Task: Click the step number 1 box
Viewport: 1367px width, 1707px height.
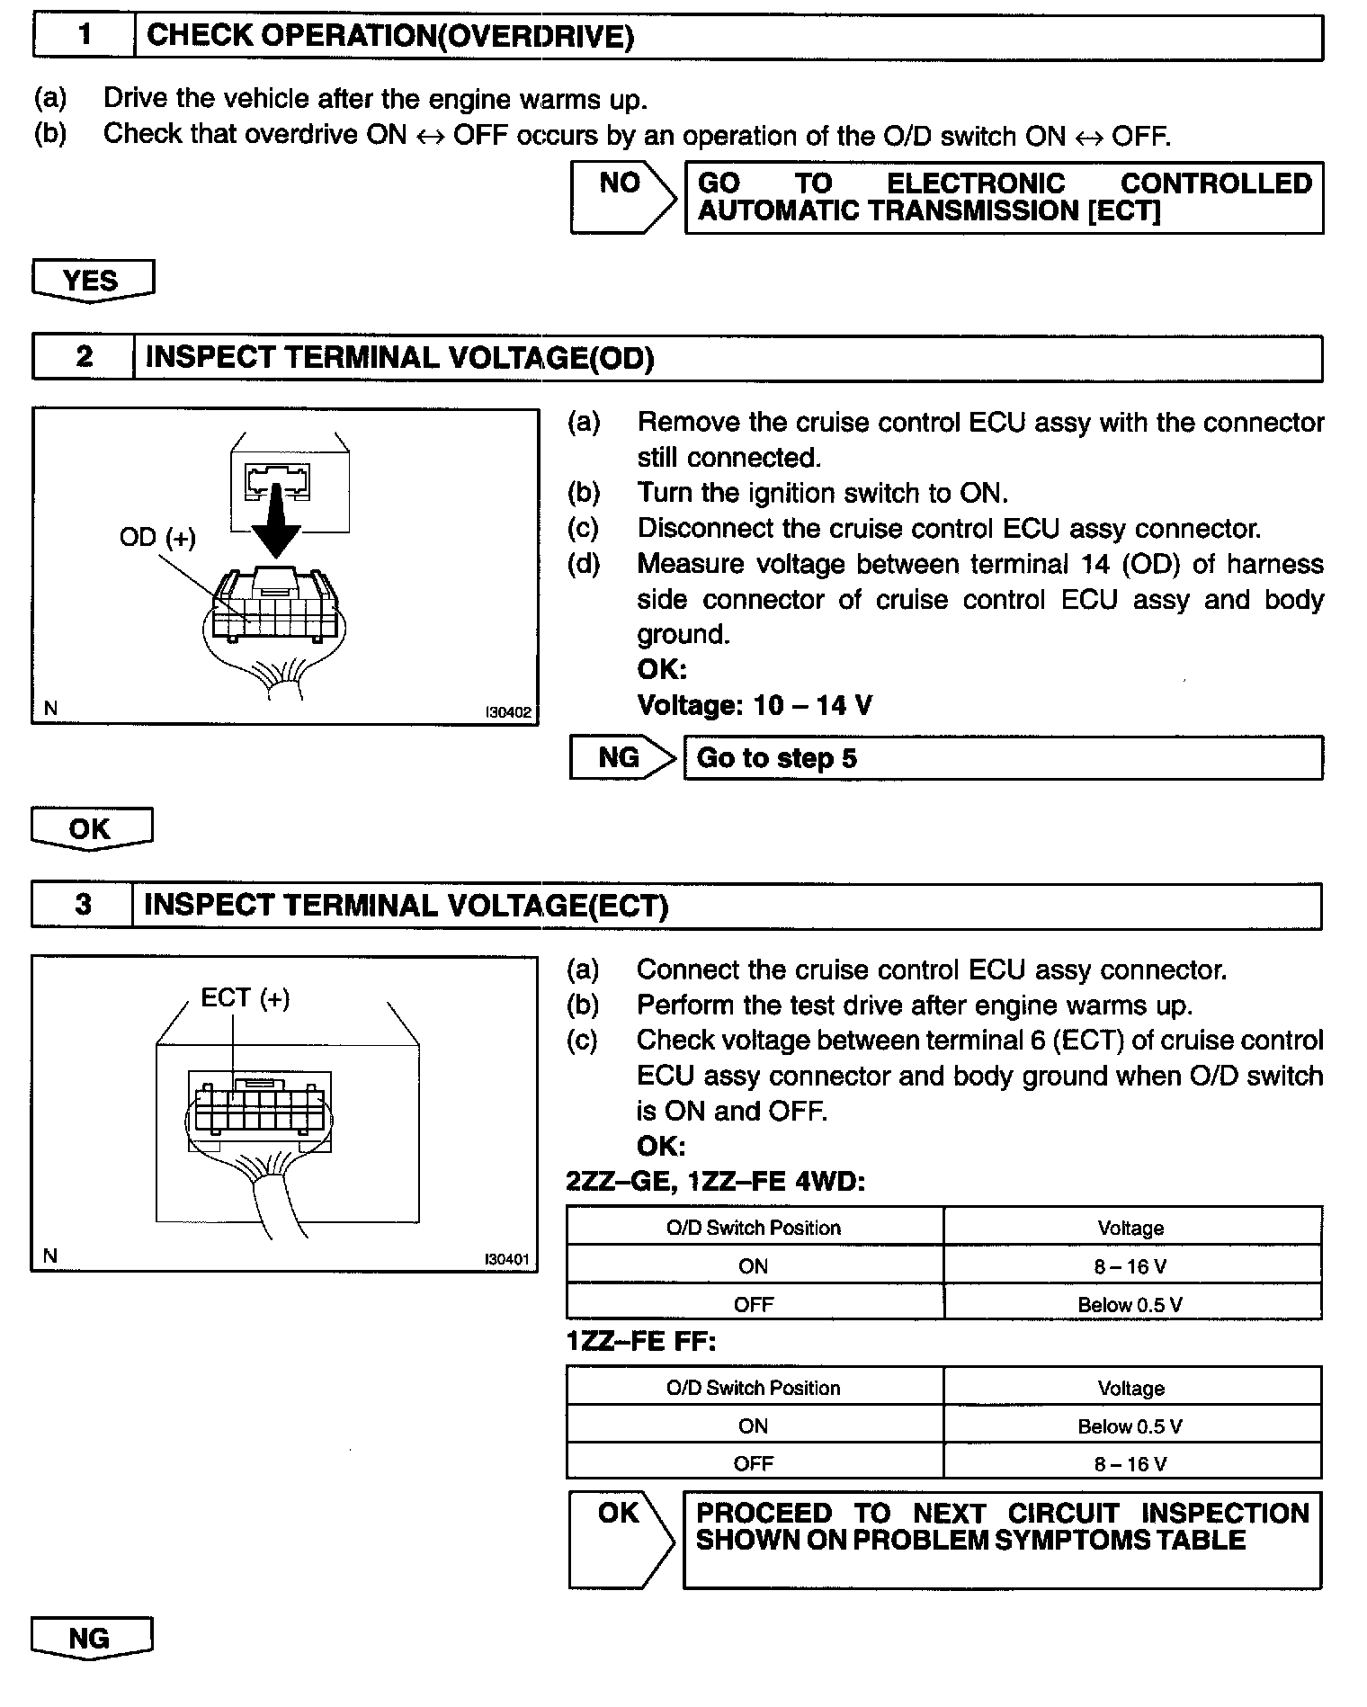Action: (84, 36)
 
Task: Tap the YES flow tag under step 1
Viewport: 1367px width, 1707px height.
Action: (92, 280)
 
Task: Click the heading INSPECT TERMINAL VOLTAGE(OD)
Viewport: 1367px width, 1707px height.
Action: (399, 358)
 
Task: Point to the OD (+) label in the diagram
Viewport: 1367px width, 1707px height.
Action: (157, 537)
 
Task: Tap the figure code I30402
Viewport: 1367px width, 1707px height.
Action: (508, 712)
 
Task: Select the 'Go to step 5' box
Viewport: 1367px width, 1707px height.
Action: (1002, 758)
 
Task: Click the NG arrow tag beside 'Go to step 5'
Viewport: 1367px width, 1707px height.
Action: (620, 758)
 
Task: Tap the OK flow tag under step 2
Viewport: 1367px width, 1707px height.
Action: (90, 827)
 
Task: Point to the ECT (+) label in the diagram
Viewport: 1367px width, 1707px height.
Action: (245, 997)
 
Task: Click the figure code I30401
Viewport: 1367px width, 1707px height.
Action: (507, 1259)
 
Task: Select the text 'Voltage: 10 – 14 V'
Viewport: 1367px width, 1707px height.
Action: (754, 705)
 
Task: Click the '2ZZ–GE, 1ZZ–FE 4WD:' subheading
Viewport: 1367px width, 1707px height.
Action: (715, 1181)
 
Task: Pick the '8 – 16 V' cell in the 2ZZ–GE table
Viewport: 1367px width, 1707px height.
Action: (1130, 1266)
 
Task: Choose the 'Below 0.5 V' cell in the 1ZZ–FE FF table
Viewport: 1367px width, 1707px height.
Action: (1130, 1426)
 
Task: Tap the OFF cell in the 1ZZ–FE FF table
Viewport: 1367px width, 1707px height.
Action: (754, 1463)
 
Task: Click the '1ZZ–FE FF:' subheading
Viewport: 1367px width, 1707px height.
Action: (640, 1341)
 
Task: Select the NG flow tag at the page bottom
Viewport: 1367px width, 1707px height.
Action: (90, 1638)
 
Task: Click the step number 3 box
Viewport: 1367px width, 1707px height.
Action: (83, 905)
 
